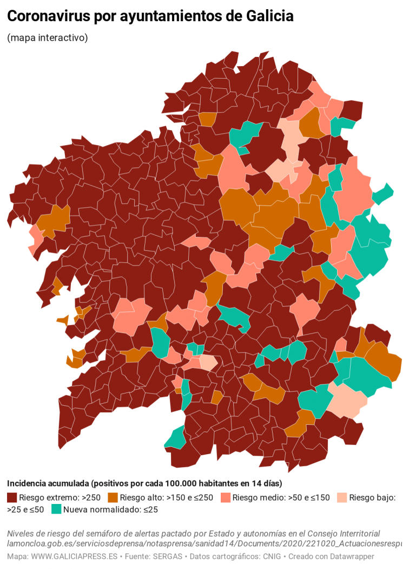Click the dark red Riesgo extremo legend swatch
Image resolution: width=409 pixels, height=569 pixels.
(12, 497)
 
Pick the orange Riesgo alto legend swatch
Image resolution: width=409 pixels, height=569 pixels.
(113, 497)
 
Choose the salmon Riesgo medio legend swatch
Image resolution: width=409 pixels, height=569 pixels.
(226, 497)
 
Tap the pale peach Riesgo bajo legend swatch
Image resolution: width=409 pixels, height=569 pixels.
(342, 497)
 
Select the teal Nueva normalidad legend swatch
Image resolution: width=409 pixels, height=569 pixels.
(56, 509)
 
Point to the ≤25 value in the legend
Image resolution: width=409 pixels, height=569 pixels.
(147, 509)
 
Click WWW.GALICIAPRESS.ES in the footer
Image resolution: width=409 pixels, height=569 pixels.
(71, 557)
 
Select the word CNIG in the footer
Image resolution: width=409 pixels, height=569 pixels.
(269, 557)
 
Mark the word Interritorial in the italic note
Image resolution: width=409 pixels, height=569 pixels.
(354, 533)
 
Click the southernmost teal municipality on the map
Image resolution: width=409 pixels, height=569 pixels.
(176, 438)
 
